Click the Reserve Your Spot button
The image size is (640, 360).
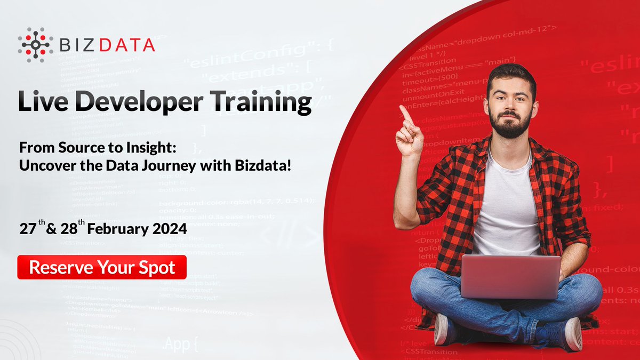102,267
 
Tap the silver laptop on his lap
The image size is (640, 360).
510,276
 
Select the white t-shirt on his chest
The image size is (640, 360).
505,208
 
